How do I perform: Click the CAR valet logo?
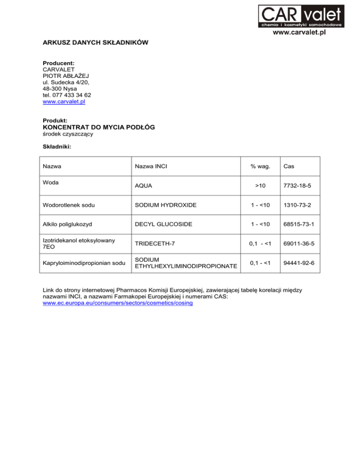coord(301,16)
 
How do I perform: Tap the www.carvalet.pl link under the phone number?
coord(64,101)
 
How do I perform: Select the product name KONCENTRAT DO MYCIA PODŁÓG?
coord(98,127)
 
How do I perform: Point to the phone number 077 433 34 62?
coord(71,95)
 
